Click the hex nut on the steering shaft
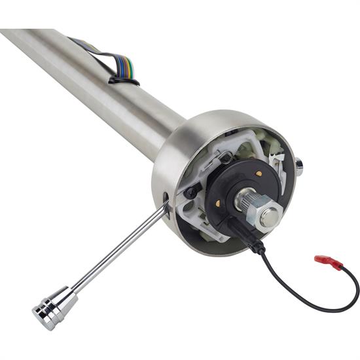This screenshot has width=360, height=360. click(x=268, y=217)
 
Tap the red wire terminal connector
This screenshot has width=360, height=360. click(x=329, y=262)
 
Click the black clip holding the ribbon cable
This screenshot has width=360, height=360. click(x=124, y=81)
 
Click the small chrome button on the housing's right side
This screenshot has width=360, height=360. click(x=299, y=166)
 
